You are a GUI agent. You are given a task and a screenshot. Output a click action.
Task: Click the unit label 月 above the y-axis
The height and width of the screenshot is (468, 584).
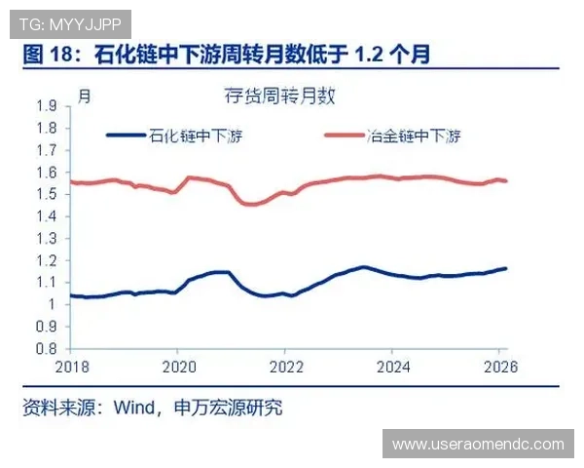pyautogui.click(x=85, y=97)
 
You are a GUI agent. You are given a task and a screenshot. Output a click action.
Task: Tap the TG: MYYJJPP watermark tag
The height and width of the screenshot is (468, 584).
pyautogui.click(x=67, y=20)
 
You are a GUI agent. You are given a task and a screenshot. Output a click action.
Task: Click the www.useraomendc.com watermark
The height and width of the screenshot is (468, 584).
pyautogui.click(x=477, y=445)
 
